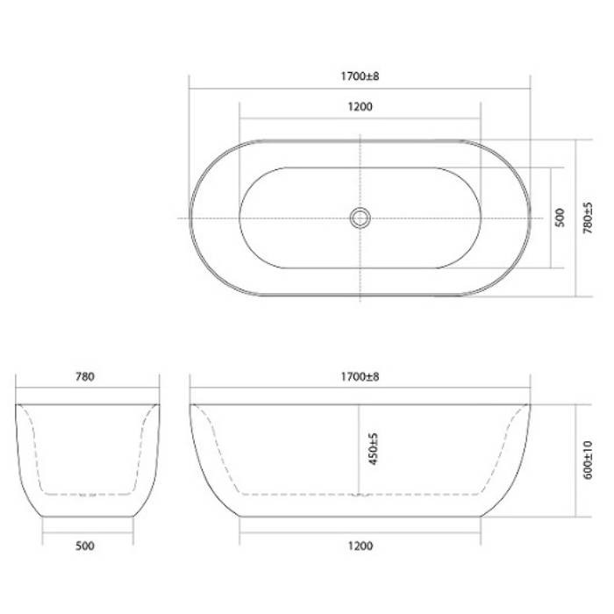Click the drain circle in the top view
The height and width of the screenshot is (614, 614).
pyautogui.click(x=360, y=209)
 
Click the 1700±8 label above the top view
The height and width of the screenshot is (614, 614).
pyautogui.click(x=360, y=76)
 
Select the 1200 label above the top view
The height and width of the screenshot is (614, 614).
pyautogui.click(x=361, y=106)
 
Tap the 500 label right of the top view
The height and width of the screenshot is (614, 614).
pyautogui.click(x=560, y=218)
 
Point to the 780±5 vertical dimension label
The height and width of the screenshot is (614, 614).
pyautogui.click(x=588, y=218)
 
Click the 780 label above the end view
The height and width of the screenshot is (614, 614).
pyautogui.click(x=85, y=376)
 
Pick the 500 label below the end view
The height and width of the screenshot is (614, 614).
pyautogui.click(x=85, y=546)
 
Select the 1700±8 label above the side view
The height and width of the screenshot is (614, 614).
pyautogui.click(x=360, y=376)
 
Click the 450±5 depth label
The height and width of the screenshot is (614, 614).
pyautogui.click(x=374, y=449)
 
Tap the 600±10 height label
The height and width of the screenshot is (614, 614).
pyautogui.click(x=588, y=460)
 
